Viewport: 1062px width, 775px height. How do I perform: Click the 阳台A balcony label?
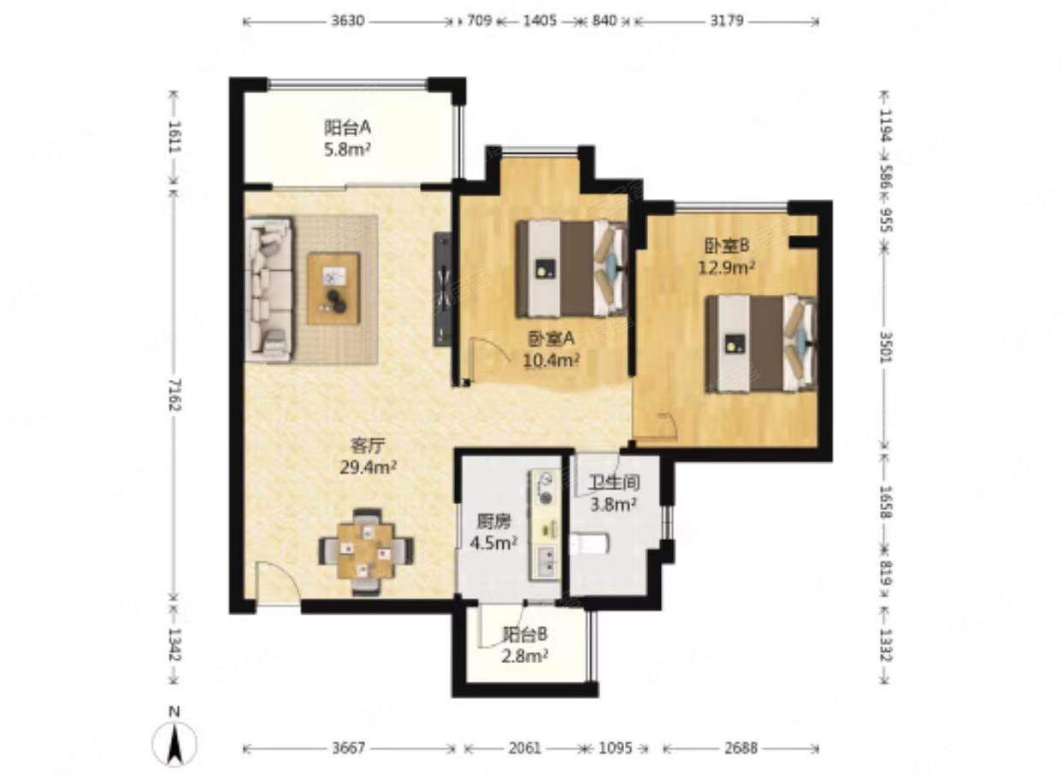click(x=347, y=127)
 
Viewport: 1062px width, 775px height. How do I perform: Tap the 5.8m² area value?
click(x=347, y=150)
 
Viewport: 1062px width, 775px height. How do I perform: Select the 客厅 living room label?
click(x=368, y=445)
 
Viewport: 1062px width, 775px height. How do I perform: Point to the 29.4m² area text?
click(x=369, y=468)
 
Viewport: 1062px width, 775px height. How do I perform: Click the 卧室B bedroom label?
click(x=726, y=245)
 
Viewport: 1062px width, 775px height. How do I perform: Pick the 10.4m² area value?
click(x=552, y=361)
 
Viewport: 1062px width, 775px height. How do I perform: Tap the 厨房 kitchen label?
click(x=493, y=522)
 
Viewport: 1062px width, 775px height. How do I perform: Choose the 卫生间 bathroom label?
click(x=614, y=483)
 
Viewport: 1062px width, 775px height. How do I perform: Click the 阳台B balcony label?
click(x=525, y=634)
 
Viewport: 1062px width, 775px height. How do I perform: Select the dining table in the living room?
click(x=366, y=551)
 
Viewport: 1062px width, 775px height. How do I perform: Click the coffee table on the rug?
click(x=333, y=289)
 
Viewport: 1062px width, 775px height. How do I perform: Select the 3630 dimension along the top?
click(x=347, y=21)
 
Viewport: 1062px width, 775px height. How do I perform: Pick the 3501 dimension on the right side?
click(x=886, y=347)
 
